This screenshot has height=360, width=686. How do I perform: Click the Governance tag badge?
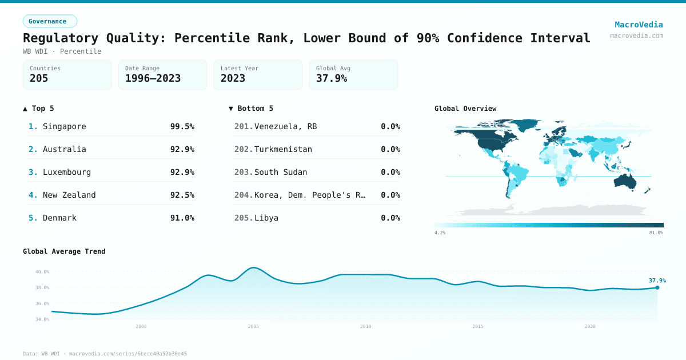coord(50,21)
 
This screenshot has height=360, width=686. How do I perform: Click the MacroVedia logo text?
coord(639,25)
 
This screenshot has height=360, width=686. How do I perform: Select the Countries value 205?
coord(39,78)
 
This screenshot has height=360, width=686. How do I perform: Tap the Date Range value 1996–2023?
coord(153,78)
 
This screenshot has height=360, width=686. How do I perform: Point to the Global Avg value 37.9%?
coord(332,78)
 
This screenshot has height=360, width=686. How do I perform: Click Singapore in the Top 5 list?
coord(64,126)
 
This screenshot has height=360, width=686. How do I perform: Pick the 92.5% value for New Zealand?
coord(182,195)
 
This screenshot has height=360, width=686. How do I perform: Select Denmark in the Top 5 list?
coord(59,218)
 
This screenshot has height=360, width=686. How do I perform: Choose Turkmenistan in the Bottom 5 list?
coord(283,149)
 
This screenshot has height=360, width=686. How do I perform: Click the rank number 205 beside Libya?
coord(243,218)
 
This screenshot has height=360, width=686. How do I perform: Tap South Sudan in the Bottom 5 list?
coord(281,172)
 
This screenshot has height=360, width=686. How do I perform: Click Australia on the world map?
coord(629,181)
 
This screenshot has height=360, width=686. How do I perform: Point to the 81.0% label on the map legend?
coord(656,233)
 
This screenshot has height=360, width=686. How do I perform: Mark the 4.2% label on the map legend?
coord(440,233)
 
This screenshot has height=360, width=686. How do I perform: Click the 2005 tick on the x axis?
coord(253,326)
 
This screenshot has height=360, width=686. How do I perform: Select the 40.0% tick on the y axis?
coord(42,271)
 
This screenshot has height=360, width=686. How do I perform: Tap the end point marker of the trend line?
coord(657,287)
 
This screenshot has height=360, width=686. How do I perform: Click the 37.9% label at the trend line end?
coord(657,281)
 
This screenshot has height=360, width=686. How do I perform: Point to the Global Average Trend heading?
coord(64,251)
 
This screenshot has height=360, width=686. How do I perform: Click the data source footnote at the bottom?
coord(105,354)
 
